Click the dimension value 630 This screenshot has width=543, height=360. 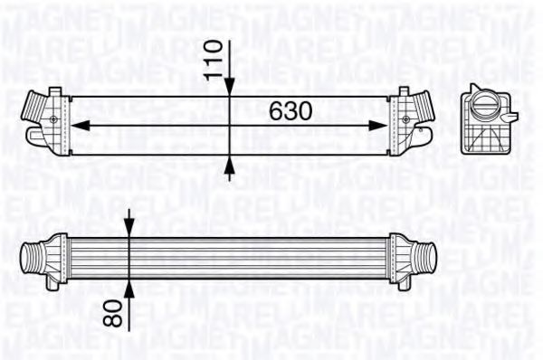tap(291, 110)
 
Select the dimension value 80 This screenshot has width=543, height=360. tap(113, 313)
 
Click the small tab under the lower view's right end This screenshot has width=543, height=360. tap(405, 284)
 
